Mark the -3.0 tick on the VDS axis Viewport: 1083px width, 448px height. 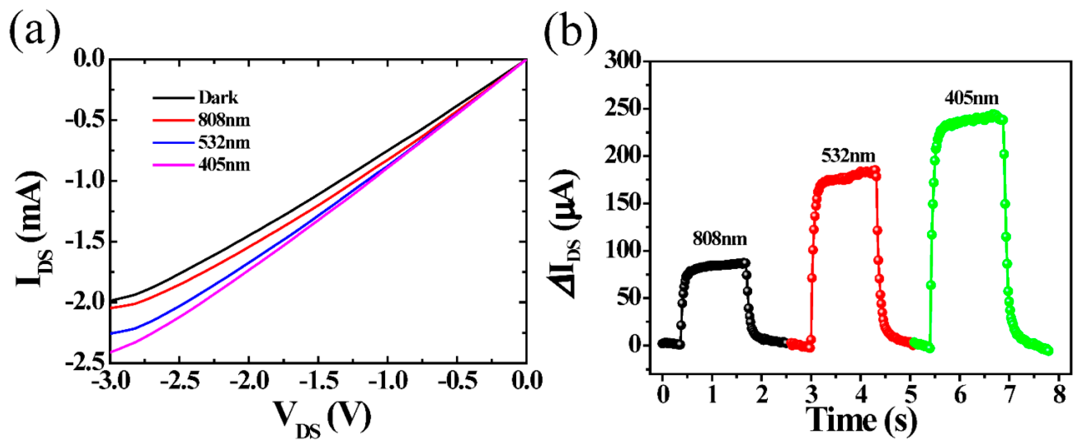click(x=110, y=381)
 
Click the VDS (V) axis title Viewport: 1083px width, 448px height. click(x=323, y=418)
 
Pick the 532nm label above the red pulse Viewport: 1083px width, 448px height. click(x=848, y=156)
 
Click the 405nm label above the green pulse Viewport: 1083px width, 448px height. click(x=972, y=98)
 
